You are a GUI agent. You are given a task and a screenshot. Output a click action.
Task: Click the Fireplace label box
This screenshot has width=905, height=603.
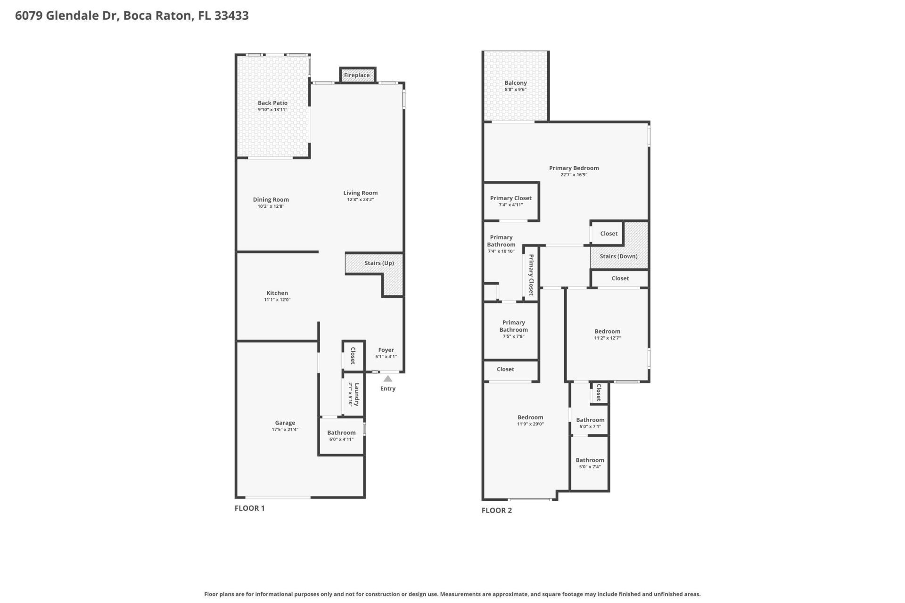coord(357,75)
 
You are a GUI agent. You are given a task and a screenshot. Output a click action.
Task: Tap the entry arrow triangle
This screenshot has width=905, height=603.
coord(387,379)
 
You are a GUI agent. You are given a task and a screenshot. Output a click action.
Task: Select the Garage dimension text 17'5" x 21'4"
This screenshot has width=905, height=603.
coord(285,430)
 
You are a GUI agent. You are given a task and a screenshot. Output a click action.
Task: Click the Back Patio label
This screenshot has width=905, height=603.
coord(272,103)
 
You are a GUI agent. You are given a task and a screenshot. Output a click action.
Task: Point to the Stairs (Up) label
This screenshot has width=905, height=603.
coord(379,263)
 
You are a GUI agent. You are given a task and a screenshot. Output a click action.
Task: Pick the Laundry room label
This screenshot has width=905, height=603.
coord(357,394)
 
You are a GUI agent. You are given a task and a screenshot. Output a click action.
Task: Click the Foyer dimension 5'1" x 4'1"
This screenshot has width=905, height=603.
coord(386,357)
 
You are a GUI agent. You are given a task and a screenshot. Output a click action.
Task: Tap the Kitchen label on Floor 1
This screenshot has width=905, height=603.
coord(277,293)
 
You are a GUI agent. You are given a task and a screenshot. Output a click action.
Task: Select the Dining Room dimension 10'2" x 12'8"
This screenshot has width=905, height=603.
coord(271,206)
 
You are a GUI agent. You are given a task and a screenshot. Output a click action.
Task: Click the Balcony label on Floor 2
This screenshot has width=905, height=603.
coord(515,83)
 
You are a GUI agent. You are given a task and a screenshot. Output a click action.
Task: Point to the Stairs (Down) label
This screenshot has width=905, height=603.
coord(618,256)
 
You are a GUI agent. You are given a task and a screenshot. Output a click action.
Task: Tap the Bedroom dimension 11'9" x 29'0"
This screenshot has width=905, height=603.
coord(530,424)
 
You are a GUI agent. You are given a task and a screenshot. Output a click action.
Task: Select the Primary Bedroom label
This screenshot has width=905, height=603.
coord(574,168)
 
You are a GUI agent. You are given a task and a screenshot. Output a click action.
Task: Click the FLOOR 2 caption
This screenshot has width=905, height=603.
coord(496,510)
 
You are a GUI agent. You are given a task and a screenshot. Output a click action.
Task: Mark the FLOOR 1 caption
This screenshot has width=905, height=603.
coord(249,508)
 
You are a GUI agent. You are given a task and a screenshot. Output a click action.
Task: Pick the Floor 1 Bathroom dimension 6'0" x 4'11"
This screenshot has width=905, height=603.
coord(341,440)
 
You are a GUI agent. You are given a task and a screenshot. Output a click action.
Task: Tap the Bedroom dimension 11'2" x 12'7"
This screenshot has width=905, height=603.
coord(607,338)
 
